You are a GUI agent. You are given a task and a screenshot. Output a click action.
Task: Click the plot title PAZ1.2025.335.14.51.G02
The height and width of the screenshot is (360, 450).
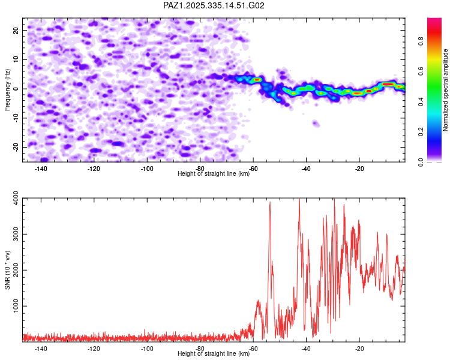point(214,5)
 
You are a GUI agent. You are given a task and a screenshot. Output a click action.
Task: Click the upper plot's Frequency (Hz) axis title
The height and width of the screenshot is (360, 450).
point(8,89)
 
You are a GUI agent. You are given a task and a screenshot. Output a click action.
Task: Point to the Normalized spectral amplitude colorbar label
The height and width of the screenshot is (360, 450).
point(446,90)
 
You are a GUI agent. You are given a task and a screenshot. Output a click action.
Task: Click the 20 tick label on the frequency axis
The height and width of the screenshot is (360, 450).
point(16,29)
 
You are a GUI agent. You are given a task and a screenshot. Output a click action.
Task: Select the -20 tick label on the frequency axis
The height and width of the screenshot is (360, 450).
point(14,147)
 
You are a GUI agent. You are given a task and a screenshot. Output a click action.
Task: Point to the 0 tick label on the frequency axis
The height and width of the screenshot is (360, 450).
point(17,88)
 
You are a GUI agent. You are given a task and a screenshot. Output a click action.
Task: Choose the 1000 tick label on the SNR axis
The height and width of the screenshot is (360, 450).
point(13,306)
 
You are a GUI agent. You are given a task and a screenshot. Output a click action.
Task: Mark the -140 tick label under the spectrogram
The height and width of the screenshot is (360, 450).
point(41,169)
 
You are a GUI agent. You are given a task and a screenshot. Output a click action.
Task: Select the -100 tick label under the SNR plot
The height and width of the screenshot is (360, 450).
point(147,349)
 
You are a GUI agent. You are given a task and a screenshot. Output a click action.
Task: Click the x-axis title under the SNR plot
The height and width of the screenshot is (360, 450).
point(214,354)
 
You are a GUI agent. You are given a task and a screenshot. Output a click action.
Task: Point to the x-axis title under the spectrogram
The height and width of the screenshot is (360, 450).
point(214,173)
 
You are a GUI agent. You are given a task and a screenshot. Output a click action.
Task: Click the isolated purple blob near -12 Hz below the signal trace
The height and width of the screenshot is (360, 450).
point(316,124)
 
